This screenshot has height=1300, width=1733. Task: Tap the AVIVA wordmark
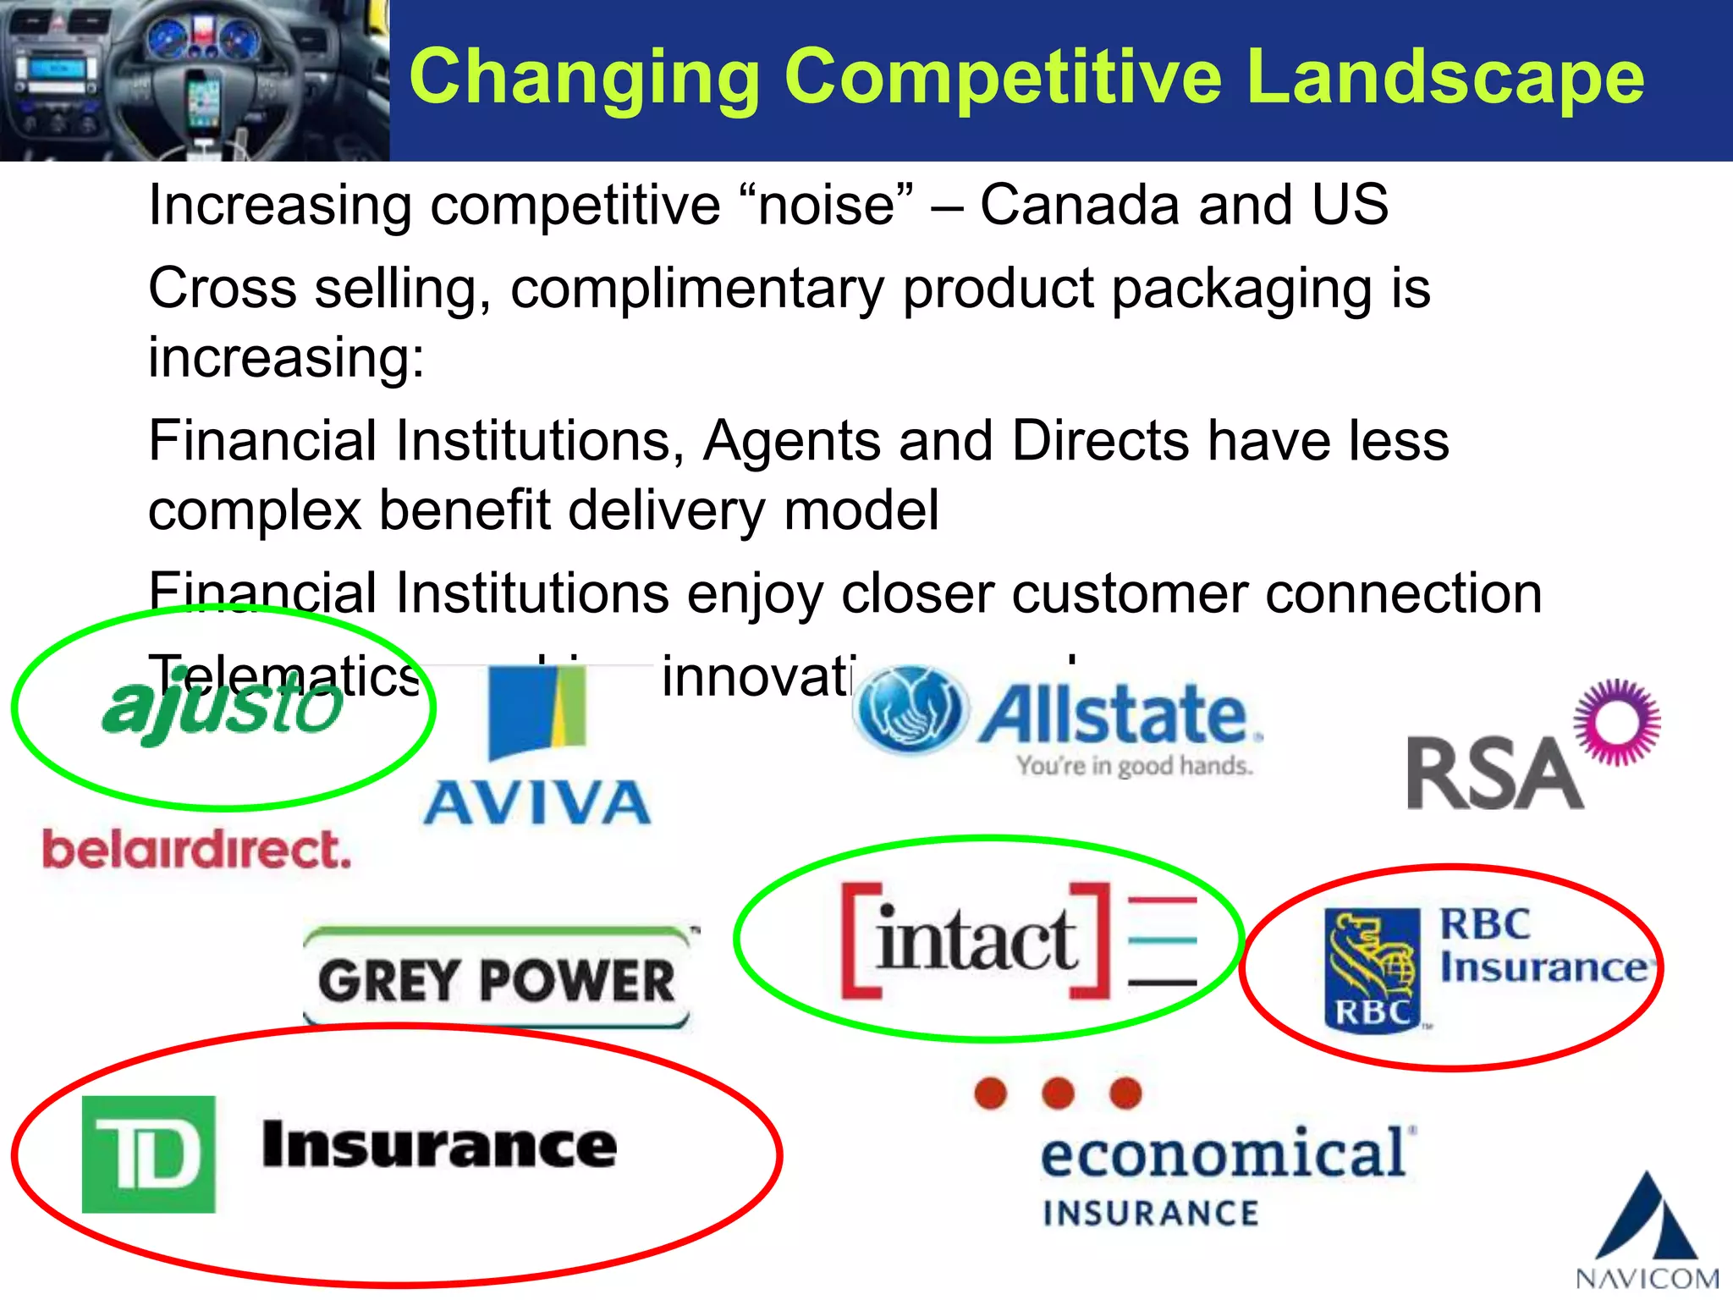click(537, 803)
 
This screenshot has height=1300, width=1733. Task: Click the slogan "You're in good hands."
click(1134, 766)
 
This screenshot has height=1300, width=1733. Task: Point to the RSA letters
click(1494, 774)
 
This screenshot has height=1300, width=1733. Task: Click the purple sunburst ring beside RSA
click(1617, 723)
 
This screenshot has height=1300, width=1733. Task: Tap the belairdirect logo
click(196, 850)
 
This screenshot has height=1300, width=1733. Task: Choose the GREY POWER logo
click(498, 980)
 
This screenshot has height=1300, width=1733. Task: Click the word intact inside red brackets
click(977, 941)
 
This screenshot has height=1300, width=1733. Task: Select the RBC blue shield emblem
click(1372, 970)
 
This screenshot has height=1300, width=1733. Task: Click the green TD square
click(149, 1154)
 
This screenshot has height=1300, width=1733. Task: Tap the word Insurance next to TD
click(439, 1145)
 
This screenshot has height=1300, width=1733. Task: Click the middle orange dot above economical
click(1058, 1093)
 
